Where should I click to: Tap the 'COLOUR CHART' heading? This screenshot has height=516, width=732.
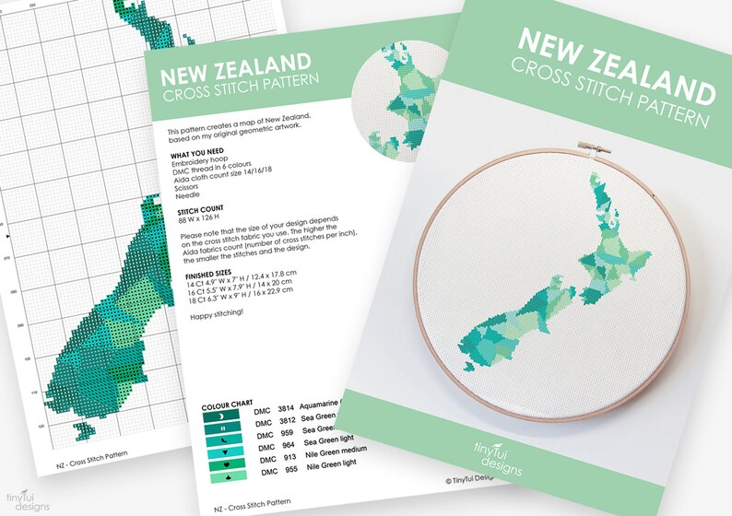[x=226, y=405]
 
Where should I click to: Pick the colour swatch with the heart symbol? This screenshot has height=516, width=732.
[x=227, y=465]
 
